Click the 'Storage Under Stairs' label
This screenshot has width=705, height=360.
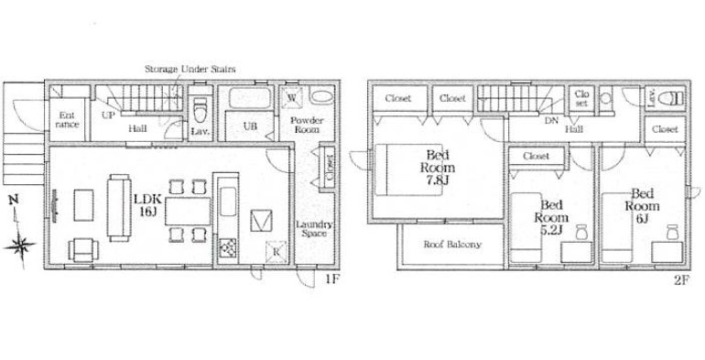(190, 70)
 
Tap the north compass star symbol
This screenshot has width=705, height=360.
(19, 245)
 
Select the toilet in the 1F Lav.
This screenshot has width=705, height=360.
(201, 111)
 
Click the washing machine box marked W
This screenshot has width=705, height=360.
(292, 98)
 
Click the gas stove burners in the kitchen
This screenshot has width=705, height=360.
(227, 247)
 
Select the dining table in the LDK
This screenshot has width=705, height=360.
(188, 211)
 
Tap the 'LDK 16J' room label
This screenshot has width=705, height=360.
(148, 206)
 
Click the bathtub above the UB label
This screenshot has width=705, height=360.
(250, 98)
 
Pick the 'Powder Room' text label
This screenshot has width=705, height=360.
(306, 125)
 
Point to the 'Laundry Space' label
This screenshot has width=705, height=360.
(314, 229)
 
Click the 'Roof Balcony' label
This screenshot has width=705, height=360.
(452, 245)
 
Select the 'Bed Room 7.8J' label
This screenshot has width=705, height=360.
(438, 168)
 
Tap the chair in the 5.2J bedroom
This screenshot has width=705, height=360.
(581, 232)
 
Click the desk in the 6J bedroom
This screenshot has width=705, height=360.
(667, 252)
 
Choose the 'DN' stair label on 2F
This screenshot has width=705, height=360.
(551, 121)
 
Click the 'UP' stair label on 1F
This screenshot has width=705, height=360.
(108, 115)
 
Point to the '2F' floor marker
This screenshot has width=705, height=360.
(681, 280)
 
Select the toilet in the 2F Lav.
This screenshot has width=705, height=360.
(673, 98)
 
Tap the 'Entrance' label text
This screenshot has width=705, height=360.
(68, 120)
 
